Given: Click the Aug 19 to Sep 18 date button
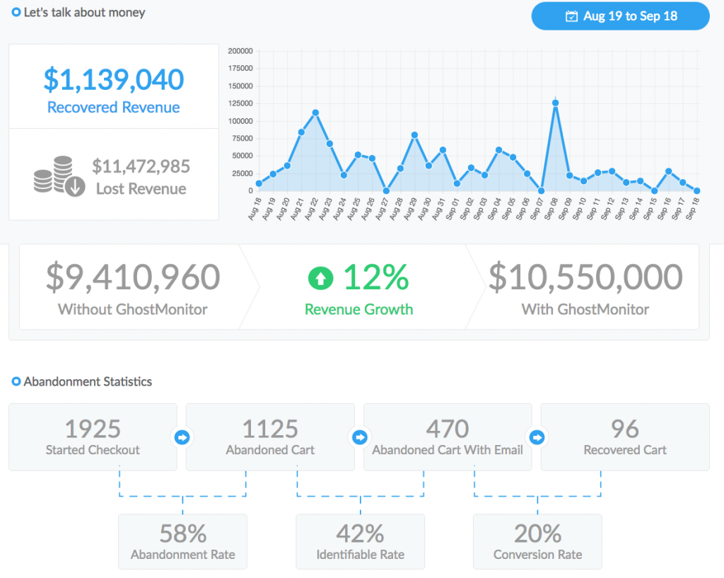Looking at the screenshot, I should (620, 16).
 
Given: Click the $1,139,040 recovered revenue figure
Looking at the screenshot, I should (113, 80).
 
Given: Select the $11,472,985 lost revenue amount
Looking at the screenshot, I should (141, 166).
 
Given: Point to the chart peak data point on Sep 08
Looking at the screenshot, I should (556, 103).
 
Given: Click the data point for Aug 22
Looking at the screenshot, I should (315, 112).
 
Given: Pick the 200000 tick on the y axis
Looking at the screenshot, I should (241, 51).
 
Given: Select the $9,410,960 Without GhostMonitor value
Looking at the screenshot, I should (133, 277).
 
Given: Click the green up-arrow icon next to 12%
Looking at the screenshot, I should (320, 279).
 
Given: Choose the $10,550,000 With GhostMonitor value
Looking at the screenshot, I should (585, 277).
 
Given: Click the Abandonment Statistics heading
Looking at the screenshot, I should (88, 382).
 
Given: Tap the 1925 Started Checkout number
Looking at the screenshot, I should (93, 429).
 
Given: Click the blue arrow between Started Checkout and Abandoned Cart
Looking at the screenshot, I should (182, 438).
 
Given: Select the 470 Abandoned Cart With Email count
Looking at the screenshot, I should (448, 429).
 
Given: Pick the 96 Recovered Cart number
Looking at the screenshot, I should (625, 429).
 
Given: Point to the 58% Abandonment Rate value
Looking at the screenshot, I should (182, 533).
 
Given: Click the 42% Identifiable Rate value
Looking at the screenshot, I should (360, 533).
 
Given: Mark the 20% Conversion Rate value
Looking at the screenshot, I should (537, 533).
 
